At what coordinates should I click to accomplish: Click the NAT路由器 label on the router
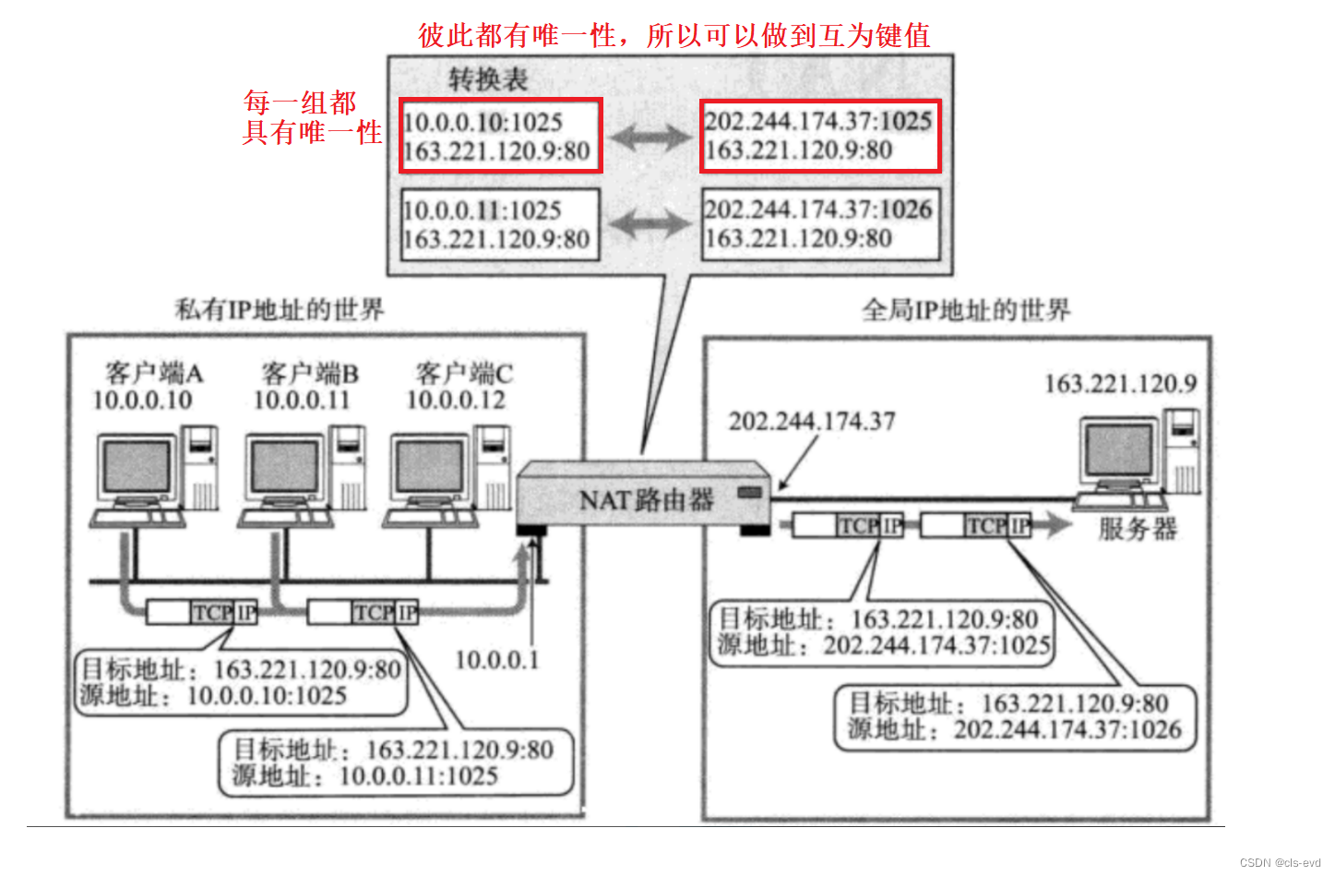(646, 500)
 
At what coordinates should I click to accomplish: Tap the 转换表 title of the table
(488, 79)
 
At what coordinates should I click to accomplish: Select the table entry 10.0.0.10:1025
(483, 122)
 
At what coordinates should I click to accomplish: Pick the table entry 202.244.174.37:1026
(818, 210)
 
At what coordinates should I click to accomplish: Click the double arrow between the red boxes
(650, 138)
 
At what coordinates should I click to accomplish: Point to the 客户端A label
(153, 373)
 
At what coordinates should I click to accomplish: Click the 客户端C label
(464, 373)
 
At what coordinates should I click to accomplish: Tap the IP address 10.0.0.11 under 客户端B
(302, 401)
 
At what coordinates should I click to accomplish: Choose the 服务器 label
(1138, 529)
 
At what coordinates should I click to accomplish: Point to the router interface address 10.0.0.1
(496, 660)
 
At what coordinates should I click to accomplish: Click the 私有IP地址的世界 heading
(280, 309)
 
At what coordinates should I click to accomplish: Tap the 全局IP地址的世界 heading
(966, 310)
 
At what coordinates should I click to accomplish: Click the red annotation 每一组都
(300, 102)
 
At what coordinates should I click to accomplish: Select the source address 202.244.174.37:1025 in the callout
(936, 644)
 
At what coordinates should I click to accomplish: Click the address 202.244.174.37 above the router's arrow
(812, 422)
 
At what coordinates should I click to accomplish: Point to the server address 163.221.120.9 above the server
(1120, 384)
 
